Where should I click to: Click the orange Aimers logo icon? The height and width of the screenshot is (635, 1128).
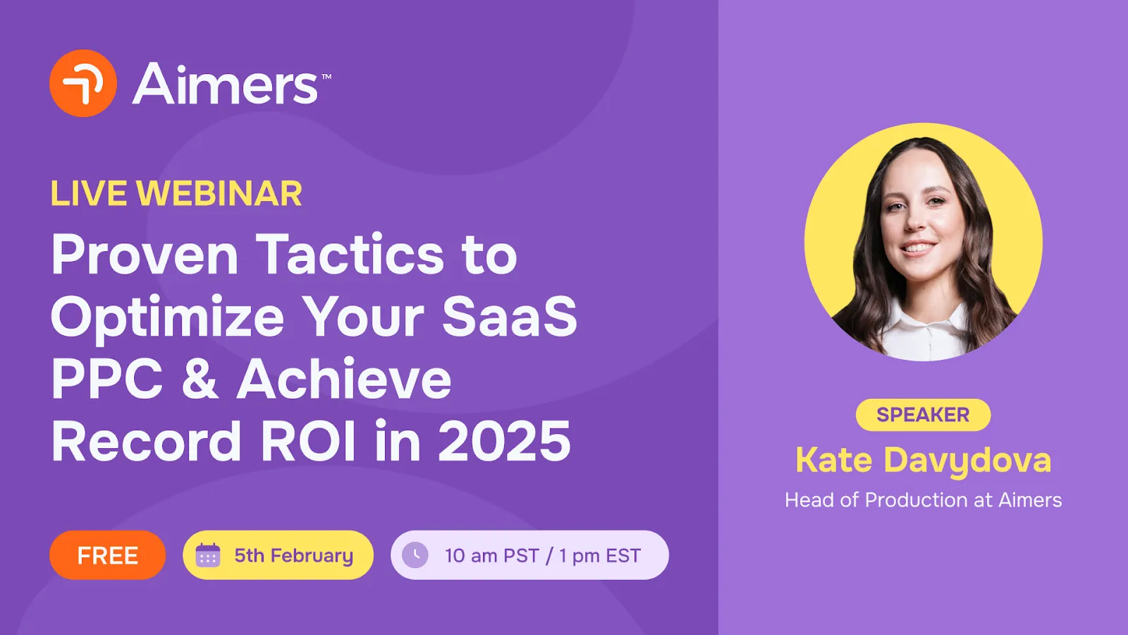point(83,83)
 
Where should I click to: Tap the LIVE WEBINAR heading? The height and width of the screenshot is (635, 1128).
point(176,194)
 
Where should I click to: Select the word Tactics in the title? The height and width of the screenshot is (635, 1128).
point(350,255)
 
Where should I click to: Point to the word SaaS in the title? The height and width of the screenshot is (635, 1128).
point(509,317)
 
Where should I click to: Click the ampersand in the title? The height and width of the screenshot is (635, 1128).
point(200,380)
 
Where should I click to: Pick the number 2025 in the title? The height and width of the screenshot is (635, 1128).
point(504,442)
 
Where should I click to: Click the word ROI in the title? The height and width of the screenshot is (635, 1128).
point(308,442)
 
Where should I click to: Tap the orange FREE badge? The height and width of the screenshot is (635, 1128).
point(107,555)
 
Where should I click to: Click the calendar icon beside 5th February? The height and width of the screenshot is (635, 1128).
point(208,555)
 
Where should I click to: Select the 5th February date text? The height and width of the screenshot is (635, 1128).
point(293,555)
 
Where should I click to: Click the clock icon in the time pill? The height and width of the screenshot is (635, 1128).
point(415,555)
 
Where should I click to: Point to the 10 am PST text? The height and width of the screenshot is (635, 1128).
point(491,556)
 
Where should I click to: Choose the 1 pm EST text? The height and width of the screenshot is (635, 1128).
point(600,556)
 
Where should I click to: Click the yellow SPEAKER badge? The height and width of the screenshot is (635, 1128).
point(923,415)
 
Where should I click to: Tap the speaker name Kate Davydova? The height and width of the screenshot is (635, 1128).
point(923,460)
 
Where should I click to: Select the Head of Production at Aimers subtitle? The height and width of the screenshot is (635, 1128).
point(923,500)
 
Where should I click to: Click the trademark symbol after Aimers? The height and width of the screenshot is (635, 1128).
point(326,76)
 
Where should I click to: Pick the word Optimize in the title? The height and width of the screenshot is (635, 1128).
point(167,317)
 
